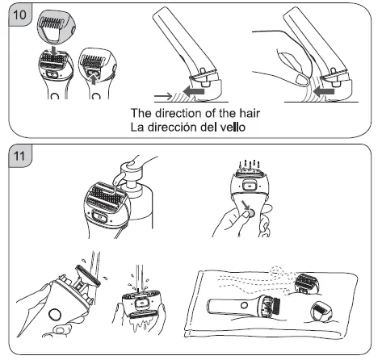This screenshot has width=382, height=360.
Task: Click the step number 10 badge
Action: pos(20,15)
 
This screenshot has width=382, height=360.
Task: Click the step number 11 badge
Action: pos(19,156)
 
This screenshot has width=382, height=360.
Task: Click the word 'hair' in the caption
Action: pos(250,113)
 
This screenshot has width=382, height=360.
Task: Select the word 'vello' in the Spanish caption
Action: pos(233,127)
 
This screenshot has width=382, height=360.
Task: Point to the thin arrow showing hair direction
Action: pos(163,95)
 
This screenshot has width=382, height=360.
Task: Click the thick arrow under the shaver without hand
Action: pos(193,91)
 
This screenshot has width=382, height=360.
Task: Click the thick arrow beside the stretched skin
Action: pos(324,91)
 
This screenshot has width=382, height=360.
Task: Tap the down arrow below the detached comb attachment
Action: pos(55,51)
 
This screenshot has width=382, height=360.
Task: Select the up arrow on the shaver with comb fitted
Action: pos(94,80)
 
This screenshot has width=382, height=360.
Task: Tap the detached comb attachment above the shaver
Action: pos(57,27)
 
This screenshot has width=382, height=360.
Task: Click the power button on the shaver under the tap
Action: pos(55,315)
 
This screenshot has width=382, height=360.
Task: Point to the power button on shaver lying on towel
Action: pos(245,305)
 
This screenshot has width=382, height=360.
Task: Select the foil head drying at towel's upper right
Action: pos(306,284)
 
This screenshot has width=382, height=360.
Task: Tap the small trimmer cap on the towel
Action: pos(322,312)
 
